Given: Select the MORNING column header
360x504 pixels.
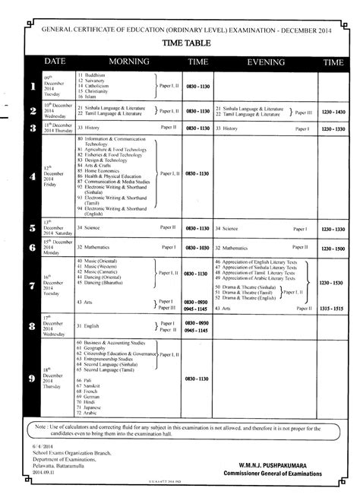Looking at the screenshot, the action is (x=128, y=60).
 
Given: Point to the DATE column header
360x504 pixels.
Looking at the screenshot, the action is (x=52, y=60).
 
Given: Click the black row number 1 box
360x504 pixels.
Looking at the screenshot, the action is (x=32, y=87).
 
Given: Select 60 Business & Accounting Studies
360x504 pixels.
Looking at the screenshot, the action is (x=115, y=343).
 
